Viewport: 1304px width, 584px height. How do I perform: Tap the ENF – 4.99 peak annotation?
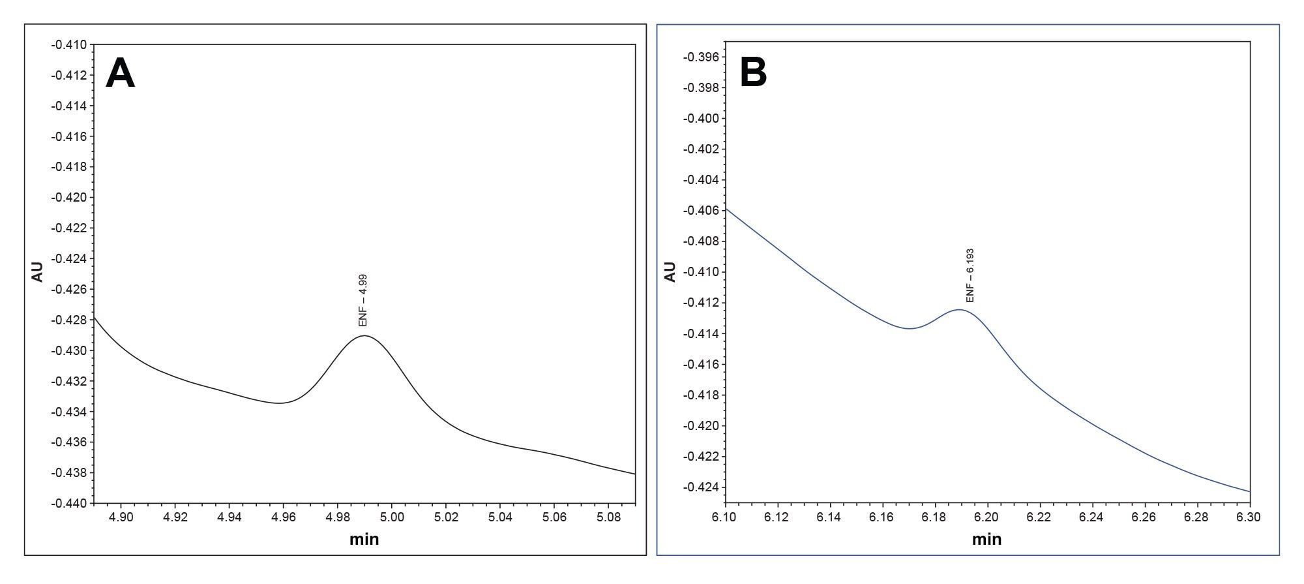click(x=363, y=300)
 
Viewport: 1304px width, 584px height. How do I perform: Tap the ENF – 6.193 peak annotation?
click(x=970, y=275)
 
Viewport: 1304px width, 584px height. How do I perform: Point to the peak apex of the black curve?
click(x=364, y=335)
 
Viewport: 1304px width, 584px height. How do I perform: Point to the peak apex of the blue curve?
click(x=960, y=310)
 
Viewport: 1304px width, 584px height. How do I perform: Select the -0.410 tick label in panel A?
click(x=68, y=45)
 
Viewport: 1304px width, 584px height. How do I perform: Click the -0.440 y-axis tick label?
click(x=68, y=503)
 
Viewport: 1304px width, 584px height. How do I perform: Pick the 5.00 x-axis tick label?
click(x=392, y=517)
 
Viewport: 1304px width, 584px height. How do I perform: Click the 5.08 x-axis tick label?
click(x=608, y=517)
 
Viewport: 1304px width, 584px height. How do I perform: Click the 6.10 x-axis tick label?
click(x=724, y=517)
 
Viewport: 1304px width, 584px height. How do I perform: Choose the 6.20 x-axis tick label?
click(x=987, y=517)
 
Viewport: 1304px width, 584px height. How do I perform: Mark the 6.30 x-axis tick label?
click(x=1249, y=517)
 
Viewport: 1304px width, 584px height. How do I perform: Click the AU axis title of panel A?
click(x=37, y=271)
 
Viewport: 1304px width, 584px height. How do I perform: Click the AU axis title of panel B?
click(x=670, y=271)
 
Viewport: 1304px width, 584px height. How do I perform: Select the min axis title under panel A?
click(x=364, y=540)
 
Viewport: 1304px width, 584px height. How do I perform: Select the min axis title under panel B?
click(x=986, y=540)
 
